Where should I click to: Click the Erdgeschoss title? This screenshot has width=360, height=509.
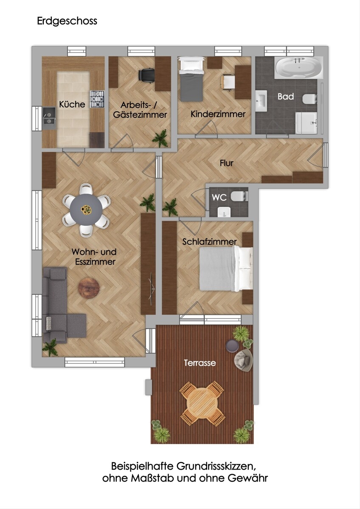(67, 21)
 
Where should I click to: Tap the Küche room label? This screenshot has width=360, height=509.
(72, 104)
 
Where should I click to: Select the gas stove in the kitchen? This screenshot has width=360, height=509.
(97, 99)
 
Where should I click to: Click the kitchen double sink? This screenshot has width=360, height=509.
(49, 118)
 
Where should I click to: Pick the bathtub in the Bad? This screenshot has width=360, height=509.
(299, 67)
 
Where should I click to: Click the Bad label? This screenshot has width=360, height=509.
(286, 97)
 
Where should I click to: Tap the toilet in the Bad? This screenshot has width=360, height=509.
(309, 99)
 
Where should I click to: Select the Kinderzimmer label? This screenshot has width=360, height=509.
(218, 114)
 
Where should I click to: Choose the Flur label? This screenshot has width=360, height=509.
(227, 163)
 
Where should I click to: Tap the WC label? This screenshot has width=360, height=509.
(219, 198)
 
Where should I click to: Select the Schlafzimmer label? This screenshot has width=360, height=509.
(209, 241)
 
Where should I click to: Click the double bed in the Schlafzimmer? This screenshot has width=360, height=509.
(226, 269)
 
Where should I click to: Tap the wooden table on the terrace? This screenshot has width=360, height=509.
(202, 403)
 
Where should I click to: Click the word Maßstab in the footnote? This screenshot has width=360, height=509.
(152, 478)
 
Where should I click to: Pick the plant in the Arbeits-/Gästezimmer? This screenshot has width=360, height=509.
(160, 139)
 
